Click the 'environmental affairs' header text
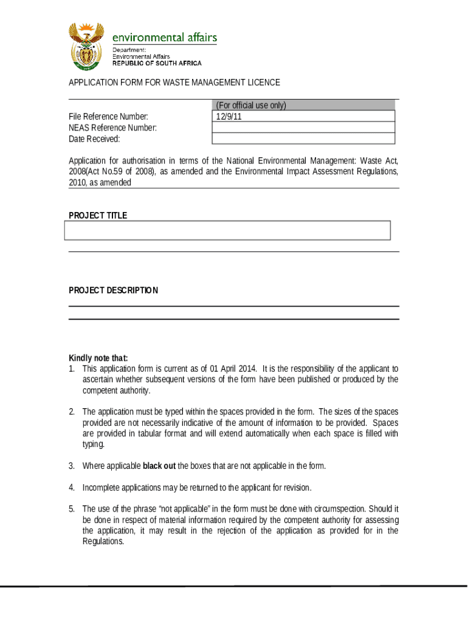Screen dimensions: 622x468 coord(164,38)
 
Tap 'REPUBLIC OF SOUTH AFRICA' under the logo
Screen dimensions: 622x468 coord(157,63)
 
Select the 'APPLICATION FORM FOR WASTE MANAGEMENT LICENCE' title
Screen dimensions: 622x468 coord(174,83)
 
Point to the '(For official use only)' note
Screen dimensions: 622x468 coord(250,106)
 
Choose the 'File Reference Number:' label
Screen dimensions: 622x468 coord(108,117)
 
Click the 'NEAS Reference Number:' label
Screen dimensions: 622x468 coord(112,128)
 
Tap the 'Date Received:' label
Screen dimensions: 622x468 coord(94,139)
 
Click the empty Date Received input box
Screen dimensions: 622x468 coord(303,139)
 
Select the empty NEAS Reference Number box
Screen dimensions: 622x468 coord(303,128)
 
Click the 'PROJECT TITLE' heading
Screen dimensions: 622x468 coord(98,216)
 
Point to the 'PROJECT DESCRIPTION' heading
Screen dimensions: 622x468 coord(113,290)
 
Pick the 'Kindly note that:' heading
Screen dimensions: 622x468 coord(98,358)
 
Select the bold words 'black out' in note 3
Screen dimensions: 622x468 coord(159,466)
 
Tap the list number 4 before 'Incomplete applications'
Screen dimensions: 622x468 coord(72,487)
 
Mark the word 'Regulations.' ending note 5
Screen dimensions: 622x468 coord(103,542)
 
